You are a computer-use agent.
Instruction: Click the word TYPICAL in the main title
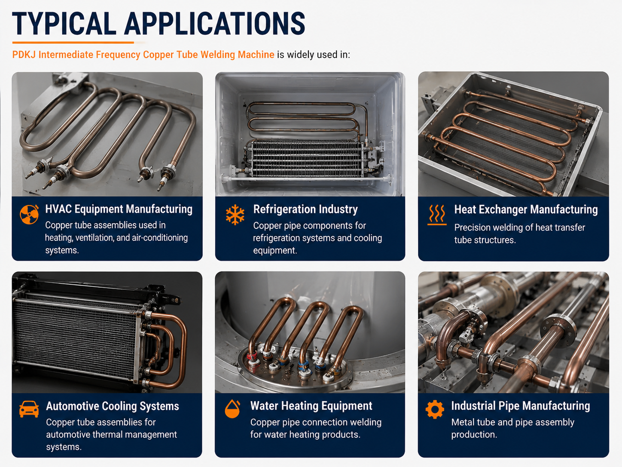pos(64,24)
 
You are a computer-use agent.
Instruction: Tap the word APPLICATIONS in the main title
pos(215,24)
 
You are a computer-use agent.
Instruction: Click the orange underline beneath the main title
pos(73,43)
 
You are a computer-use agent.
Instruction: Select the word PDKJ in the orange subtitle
pos(24,55)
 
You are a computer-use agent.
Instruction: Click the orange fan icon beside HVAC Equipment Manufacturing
pos(29,214)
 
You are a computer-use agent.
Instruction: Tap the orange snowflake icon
pos(235,215)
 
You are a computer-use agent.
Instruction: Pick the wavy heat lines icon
pos(437,215)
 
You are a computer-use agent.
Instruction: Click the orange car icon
pos(29,409)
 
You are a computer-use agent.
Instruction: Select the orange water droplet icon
pos(232,409)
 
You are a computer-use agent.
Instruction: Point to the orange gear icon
pos(435,409)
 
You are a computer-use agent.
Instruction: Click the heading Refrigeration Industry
pos(305,209)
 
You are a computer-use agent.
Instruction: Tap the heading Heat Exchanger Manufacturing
pos(526,209)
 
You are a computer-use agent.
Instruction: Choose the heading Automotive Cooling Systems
pos(113,406)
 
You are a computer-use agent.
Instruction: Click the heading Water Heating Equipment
pos(311,406)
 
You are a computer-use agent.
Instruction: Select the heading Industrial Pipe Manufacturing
pos(521,406)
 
